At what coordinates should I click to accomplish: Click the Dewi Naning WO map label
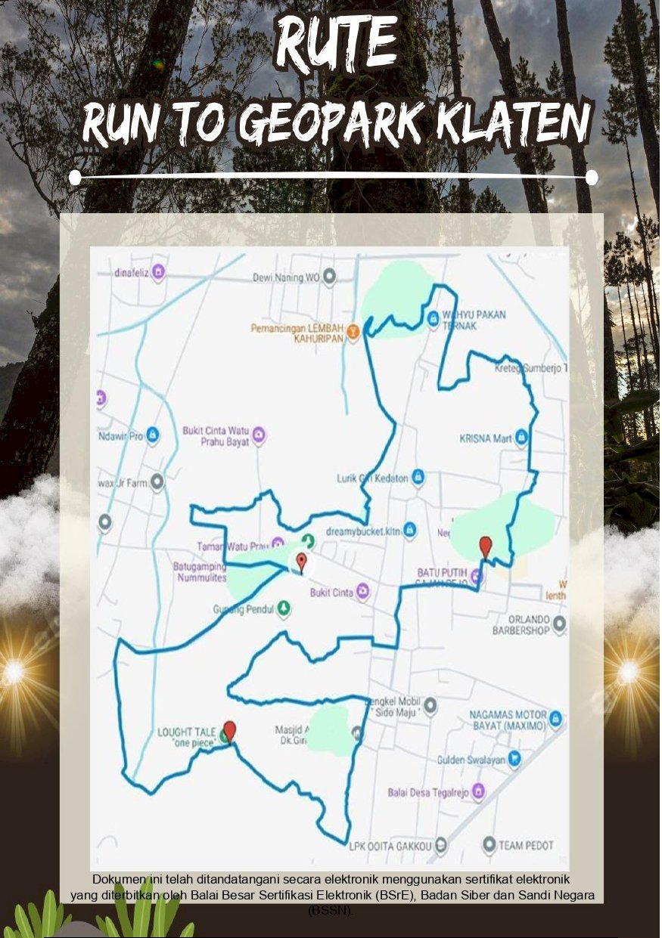(x=286, y=277)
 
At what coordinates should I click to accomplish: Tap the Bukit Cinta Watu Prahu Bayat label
(x=216, y=436)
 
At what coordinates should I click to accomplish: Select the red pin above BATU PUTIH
(x=486, y=546)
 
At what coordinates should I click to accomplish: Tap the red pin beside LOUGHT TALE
(x=230, y=731)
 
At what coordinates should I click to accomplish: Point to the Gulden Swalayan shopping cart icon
(x=514, y=758)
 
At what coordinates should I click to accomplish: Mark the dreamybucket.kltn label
(x=362, y=531)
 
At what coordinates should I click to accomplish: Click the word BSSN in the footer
(x=330, y=911)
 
